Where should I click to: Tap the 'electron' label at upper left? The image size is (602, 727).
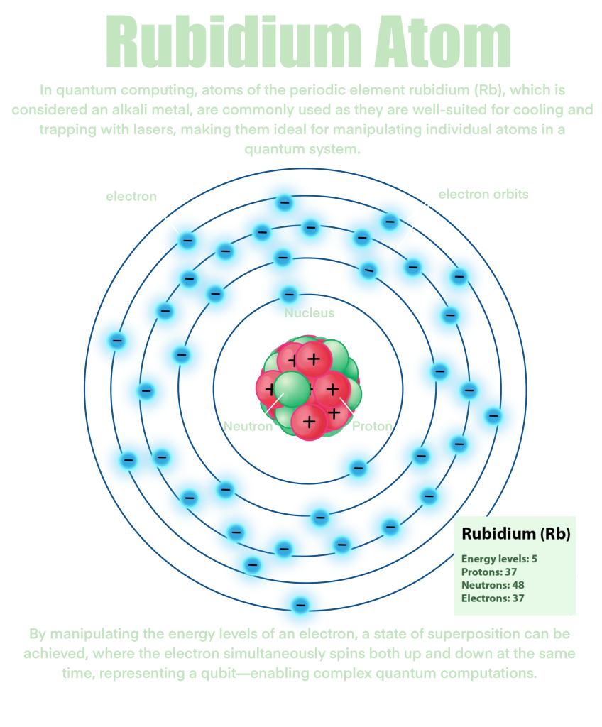coord(131,197)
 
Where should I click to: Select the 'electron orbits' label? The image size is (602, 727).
coord(483,194)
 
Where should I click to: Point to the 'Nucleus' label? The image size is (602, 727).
coord(310,313)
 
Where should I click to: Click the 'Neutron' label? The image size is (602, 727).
coord(248,427)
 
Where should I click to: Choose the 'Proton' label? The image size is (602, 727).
coord(372,427)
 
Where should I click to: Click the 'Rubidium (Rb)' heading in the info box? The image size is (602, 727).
coord(515,534)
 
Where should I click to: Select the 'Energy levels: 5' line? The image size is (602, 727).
coord(499,559)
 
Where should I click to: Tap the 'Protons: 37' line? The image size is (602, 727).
coord(488,572)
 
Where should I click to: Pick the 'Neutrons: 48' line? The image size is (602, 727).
coord(493,586)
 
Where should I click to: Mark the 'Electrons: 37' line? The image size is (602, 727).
coord(493,598)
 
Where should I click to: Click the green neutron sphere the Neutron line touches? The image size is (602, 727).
coord(292,388)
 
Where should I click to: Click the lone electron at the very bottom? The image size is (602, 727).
coord(300,606)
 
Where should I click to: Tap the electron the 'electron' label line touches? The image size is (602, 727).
coord(187,241)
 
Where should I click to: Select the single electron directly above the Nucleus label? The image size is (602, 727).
coord(289,295)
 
